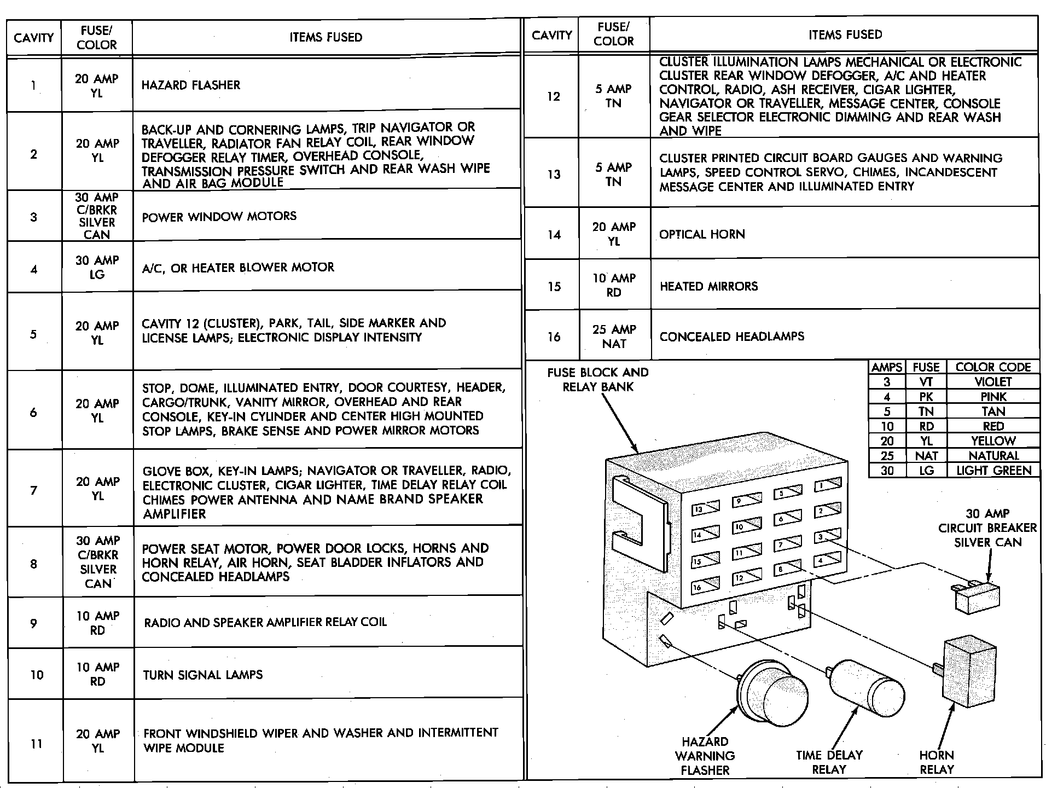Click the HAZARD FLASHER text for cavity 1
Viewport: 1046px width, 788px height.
(x=190, y=85)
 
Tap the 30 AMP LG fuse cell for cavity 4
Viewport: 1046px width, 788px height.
(x=97, y=267)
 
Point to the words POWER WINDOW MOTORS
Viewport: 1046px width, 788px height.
(x=219, y=217)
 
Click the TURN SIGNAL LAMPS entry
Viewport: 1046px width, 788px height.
(x=202, y=675)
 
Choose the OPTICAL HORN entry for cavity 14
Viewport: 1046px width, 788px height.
(x=702, y=234)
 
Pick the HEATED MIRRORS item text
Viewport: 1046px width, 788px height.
(x=708, y=286)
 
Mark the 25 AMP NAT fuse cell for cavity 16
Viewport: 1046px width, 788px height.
(x=614, y=336)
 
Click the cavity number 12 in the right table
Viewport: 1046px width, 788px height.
(x=554, y=97)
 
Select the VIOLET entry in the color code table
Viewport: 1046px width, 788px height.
(x=993, y=382)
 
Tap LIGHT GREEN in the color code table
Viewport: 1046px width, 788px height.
(x=993, y=470)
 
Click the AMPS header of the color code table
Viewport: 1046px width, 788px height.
(x=887, y=367)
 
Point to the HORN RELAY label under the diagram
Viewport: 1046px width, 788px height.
(x=937, y=762)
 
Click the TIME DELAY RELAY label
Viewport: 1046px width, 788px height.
(x=829, y=762)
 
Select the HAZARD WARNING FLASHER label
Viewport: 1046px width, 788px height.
(x=705, y=756)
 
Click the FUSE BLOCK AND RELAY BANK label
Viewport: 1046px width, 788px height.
(x=597, y=379)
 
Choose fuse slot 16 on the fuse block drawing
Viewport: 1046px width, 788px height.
(x=705, y=586)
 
